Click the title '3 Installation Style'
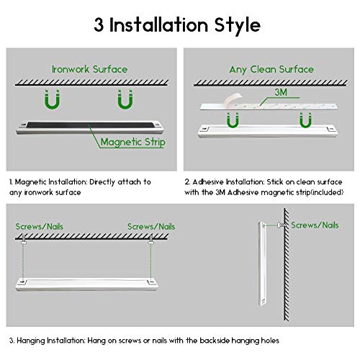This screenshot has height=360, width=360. point(177,25)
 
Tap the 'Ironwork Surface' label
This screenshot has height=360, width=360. point(89,69)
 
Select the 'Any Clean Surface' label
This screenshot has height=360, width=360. point(271,70)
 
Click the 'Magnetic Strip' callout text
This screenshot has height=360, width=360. point(133,142)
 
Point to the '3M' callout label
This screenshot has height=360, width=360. point(281,92)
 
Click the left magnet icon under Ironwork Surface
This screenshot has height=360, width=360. point(53,99)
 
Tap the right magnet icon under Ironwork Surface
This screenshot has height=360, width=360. point(125,99)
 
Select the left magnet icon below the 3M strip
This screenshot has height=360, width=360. point(233,120)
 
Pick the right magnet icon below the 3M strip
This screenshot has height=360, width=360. point(305,120)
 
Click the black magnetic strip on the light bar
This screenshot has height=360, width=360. point(91,125)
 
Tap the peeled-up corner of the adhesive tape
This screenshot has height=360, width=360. point(233,99)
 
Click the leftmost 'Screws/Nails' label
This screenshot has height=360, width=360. point(40,227)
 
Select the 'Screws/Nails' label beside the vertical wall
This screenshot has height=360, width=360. point(315,225)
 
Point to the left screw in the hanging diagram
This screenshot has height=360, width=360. point(24,240)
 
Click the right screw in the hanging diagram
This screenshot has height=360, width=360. point(150,240)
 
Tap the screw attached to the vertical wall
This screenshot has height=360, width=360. point(282,225)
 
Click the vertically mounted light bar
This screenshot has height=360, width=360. point(262,264)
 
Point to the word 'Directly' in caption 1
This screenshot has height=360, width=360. point(102,182)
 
